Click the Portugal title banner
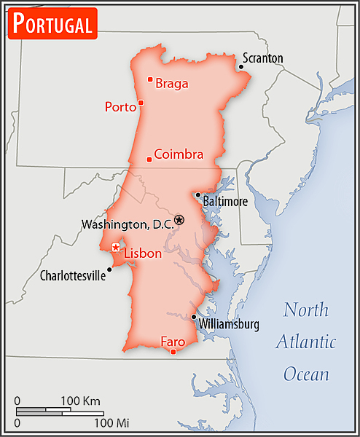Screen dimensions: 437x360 pyautogui.click(x=53, y=24)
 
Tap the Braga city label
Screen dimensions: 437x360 pyautogui.click(x=172, y=84)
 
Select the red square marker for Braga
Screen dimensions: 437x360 pyautogui.click(x=150, y=79)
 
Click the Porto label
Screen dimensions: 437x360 pyautogui.click(x=120, y=107)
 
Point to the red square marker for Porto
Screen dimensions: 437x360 pyautogui.click(x=141, y=103)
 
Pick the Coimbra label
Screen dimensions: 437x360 pyautogui.click(x=179, y=154)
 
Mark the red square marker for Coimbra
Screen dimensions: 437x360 pyautogui.click(x=149, y=159)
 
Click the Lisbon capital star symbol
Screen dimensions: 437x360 pyautogui.click(x=115, y=248)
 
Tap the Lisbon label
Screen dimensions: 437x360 pyautogui.click(x=142, y=253)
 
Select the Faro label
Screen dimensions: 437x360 pyautogui.click(x=173, y=340)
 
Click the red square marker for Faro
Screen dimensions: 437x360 pyautogui.click(x=173, y=353)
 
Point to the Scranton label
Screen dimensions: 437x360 pyautogui.click(x=263, y=58)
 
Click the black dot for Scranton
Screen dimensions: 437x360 pyautogui.click(x=241, y=68)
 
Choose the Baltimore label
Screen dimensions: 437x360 pyautogui.click(x=225, y=201)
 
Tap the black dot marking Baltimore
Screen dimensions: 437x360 pyautogui.click(x=197, y=194)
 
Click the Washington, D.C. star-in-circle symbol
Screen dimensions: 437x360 pyautogui.click(x=179, y=219)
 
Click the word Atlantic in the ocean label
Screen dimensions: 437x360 pyautogui.click(x=306, y=342)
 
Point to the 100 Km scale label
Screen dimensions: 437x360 pyautogui.click(x=79, y=401)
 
